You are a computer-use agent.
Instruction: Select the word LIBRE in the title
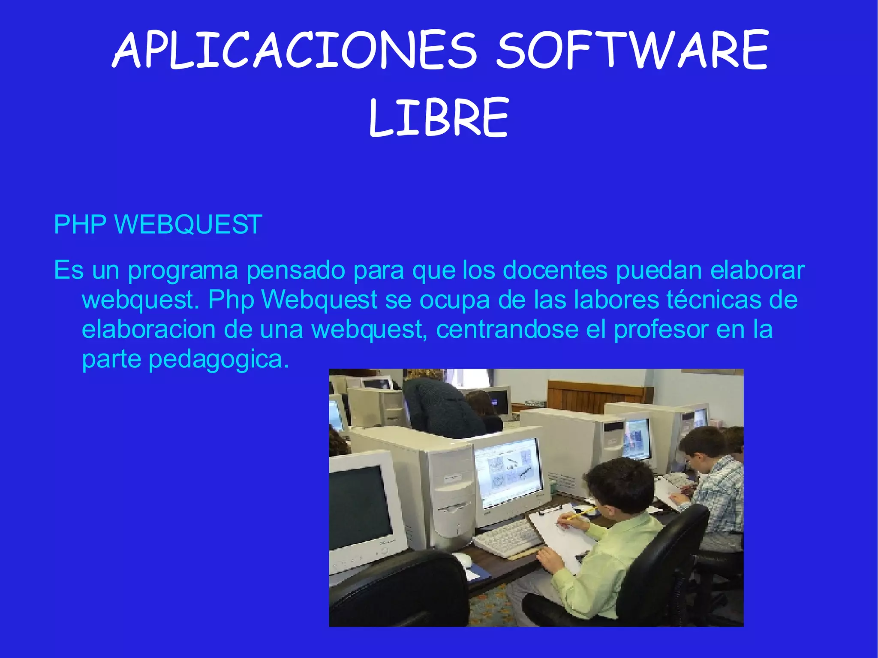tap(439, 117)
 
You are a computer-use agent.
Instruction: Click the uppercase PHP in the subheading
tap(80, 224)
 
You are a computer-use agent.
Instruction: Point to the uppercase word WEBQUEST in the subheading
tap(188, 224)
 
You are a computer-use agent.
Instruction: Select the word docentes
tap(555, 270)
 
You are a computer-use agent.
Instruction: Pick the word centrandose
tap(507, 329)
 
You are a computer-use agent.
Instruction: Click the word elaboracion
tap(148, 329)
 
